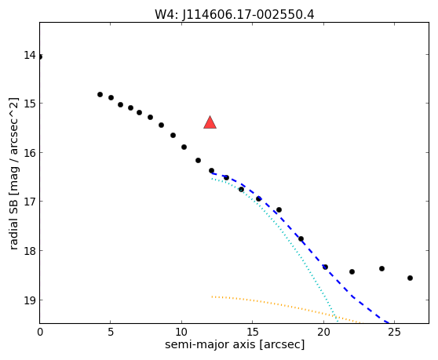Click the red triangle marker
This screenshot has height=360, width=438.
210,123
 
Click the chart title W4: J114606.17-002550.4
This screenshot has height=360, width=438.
235,14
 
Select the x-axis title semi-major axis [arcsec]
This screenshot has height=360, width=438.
235,344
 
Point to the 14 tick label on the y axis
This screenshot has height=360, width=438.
30,55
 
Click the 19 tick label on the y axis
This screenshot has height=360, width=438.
30,300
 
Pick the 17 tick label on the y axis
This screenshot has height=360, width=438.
30,202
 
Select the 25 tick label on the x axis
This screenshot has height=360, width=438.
394,332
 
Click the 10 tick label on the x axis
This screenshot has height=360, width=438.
181,332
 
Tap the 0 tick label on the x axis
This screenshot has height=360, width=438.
40,332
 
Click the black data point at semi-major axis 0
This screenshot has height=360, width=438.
40,57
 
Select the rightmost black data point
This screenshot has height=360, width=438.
410,278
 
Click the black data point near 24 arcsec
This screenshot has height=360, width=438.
381,268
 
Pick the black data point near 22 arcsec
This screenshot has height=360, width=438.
352,271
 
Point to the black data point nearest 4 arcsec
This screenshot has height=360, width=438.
100,94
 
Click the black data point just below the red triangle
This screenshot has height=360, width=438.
211,170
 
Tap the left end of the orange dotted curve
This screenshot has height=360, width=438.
212,296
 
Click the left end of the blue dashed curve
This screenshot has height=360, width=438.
212,173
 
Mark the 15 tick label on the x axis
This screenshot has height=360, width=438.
252,332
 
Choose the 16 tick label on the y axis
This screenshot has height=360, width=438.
30,152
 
